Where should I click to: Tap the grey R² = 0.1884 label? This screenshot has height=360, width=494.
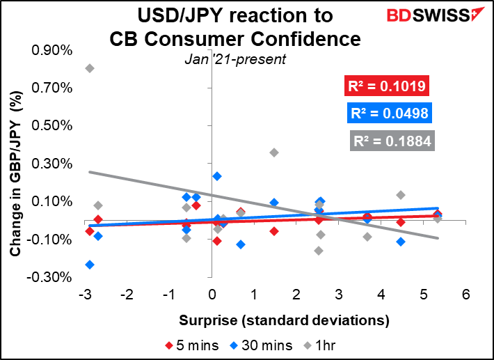tap(392, 141)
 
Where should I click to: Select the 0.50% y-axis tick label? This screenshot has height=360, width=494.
tap(52, 126)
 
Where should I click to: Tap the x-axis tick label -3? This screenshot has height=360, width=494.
tap(85, 295)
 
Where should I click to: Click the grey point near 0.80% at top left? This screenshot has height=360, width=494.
tap(90, 68)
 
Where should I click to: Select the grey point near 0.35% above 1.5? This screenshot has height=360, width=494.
tap(274, 152)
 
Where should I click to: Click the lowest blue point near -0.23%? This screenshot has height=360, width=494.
tap(90, 265)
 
